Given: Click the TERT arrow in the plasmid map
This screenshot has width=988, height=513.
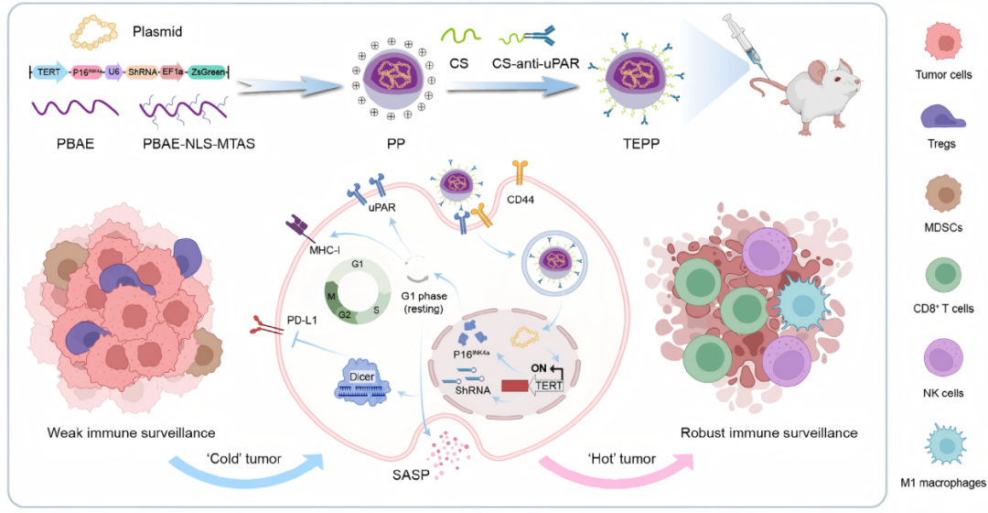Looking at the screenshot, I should [47, 71].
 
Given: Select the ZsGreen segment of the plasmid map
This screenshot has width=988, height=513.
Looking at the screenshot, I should [209, 71].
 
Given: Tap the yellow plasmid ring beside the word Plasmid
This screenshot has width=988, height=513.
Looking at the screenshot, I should [98, 34].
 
